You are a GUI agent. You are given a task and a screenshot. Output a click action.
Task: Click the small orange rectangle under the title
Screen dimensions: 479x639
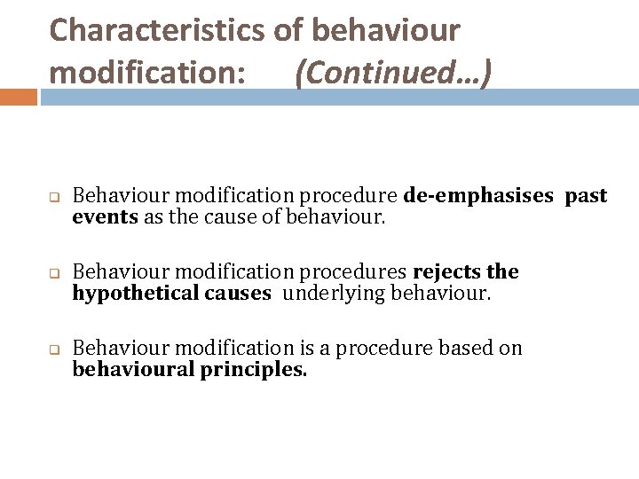pyautogui.click(x=19, y=96)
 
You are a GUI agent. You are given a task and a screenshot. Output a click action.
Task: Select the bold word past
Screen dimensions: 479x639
pyautogui.click(x=587, y=196)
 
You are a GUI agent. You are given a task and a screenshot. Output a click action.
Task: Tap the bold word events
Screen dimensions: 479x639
pyautogui.click(x=105, y=216)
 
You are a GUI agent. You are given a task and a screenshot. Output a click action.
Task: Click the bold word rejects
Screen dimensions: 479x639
pyautogui.click(x=447, y=271)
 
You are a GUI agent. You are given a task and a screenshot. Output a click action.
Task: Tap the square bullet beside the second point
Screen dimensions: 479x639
pyautogui.click(x=53, y=272)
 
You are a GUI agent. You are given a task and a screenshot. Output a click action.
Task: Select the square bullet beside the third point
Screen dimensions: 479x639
pyautogui.click(x=53, y=349)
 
